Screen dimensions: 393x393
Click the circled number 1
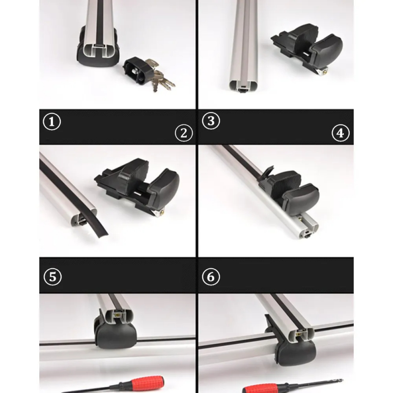click(x=52, y=122)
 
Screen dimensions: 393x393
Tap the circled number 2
click(x=184, y=133)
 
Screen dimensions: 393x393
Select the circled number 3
click(x=211, y=121)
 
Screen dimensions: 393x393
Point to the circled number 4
click(x=340, y=133)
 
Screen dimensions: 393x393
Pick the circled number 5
click(x=53, y=277)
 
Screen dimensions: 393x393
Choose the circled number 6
click(x=211, y=277)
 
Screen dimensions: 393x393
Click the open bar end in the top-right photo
click(x=244, y=87)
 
